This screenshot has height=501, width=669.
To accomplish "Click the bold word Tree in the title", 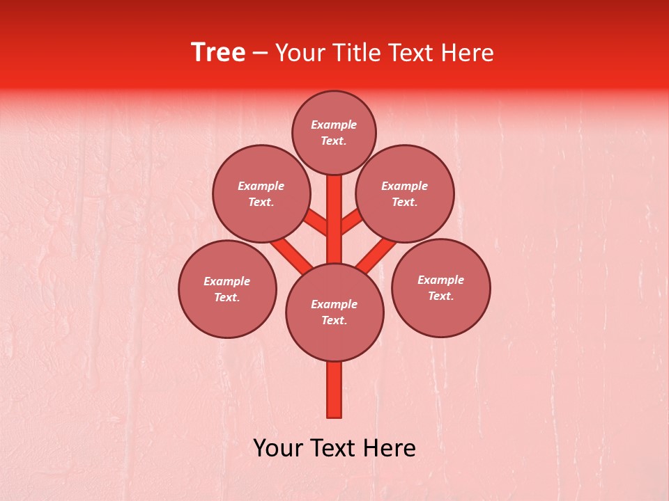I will pos(218,53).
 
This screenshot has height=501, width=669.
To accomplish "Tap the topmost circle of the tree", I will pos(334,132).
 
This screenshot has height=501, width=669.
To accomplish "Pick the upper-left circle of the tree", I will pos(261,193).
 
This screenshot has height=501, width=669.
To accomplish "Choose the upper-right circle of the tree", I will pos(405,193).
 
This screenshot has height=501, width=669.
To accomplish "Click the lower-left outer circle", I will pos(227,289).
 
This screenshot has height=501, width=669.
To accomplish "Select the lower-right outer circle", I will pos(441,287).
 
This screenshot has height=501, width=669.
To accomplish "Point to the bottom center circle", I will pos(334,312).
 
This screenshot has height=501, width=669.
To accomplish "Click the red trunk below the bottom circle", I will pos(334,390).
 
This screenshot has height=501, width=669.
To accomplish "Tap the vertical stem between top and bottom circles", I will pos(334,219).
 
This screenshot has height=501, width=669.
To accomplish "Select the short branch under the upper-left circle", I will pos(318,223).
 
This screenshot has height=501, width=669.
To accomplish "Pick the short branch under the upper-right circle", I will pos(351,223).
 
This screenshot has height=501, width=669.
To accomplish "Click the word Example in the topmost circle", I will pos(334,125).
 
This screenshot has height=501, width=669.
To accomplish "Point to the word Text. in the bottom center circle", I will pos(334,320).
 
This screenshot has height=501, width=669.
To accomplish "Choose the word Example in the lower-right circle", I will pos(440,280).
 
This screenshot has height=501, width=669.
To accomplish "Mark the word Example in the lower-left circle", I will pos(226,281).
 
